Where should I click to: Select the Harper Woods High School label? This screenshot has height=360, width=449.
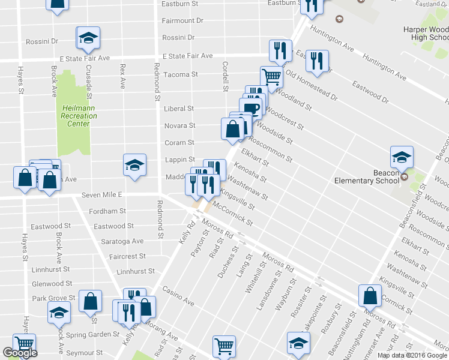[426, 34]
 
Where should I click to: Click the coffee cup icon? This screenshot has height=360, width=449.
[252, 108]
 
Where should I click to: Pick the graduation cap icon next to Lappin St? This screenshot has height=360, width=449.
[134, 165]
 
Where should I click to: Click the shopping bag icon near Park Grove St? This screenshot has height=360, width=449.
[90, 303]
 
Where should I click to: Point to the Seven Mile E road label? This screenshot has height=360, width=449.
[102, 195]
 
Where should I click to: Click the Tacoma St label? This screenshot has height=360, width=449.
[181, 74]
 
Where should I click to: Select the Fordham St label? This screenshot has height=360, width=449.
[107, 211]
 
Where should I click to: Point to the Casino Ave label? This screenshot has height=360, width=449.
[178, 295]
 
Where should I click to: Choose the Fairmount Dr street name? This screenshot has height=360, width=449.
[182, 20]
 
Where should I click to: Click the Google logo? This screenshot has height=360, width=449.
[19, 353]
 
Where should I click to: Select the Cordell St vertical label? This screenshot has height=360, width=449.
[226, 76]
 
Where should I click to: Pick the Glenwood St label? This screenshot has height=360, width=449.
[52, 283]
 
